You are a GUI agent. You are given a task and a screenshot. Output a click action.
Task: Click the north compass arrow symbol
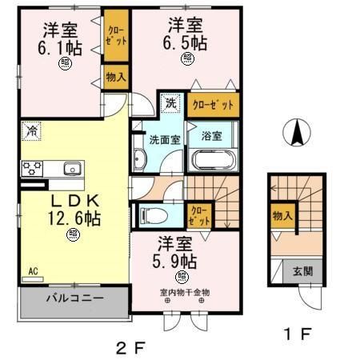click(x=296, y=132)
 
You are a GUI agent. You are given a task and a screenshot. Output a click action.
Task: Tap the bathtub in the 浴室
click(x=210, y=158)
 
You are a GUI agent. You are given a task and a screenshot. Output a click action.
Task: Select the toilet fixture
click(x=153, y=214)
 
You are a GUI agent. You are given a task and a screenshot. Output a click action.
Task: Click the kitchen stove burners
click(x=32, y=168)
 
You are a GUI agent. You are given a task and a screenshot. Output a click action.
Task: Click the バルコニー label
click(x=74, y=298)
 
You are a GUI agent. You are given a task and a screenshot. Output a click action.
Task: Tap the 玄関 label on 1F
click(x=302, y=270)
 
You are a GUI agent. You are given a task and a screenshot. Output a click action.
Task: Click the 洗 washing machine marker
click(x=170, y=102)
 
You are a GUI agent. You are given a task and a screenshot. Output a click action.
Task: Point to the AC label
click(x=34, y=271)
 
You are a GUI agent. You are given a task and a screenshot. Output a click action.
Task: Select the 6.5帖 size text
click(x=187, y=41)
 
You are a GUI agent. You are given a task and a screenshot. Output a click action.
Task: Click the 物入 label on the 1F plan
click(x=282, y=215)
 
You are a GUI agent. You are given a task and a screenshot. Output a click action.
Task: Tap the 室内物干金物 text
click(x=183, y=292)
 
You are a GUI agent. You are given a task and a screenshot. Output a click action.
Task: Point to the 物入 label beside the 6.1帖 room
click(x=115, y=77)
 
